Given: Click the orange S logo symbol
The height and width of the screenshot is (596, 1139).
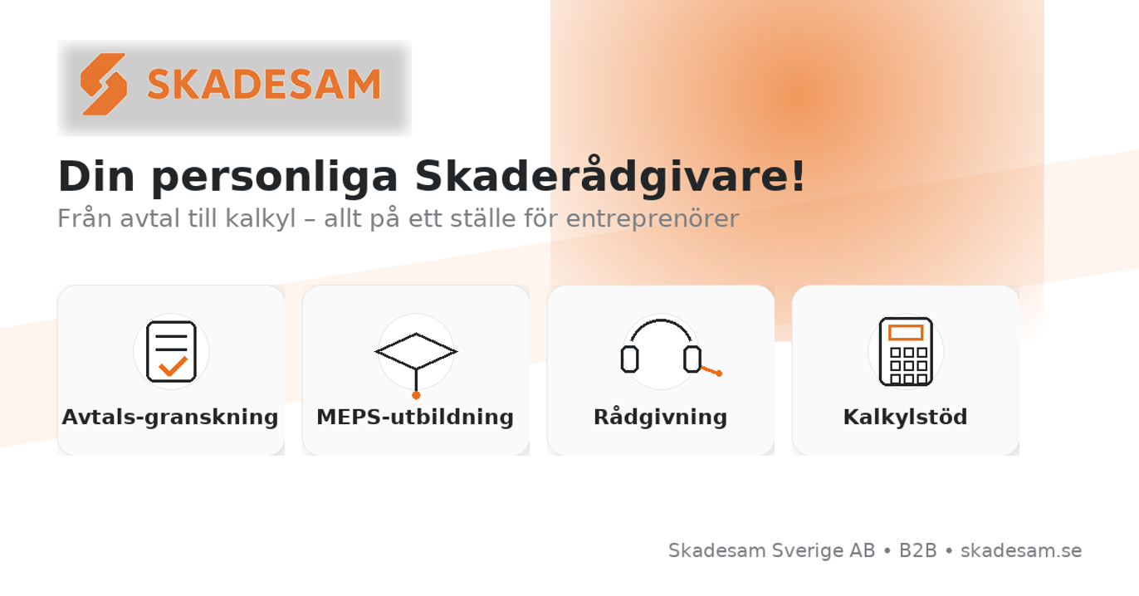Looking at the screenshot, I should pos(104,84).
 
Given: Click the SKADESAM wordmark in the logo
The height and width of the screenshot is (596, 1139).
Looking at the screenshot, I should pos(264,84).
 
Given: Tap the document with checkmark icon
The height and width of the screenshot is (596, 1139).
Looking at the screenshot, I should pos(171,351).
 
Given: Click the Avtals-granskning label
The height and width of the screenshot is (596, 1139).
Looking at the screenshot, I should pos(170,417).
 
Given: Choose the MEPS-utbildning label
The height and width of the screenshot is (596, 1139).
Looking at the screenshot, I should pos(415,417).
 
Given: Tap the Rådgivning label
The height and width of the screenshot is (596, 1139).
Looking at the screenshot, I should pos(660,417).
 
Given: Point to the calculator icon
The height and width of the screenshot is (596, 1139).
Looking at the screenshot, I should pos(906,352).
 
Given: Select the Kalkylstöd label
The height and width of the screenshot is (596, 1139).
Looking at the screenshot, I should pos(905,417).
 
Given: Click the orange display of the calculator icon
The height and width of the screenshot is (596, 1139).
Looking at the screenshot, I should pos(906,333).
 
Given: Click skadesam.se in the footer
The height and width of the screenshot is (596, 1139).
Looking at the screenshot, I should pos(1020,550).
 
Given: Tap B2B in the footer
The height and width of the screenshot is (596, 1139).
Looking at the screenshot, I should pos(917,550).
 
